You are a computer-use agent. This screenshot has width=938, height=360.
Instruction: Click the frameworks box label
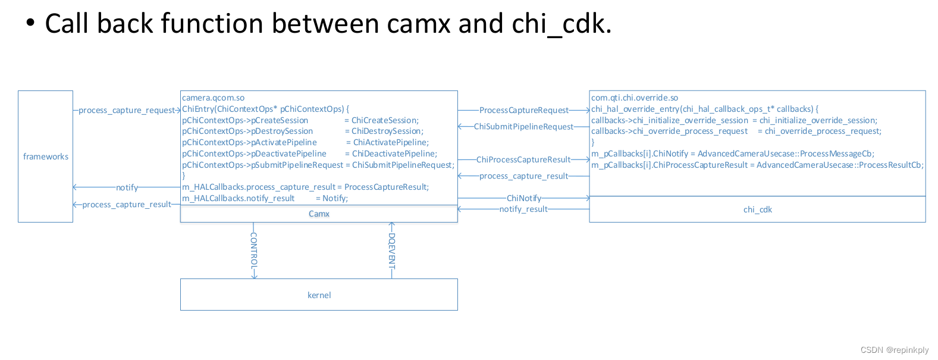46,156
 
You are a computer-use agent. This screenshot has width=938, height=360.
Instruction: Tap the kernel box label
319,295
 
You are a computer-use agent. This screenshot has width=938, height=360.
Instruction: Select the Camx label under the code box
319,214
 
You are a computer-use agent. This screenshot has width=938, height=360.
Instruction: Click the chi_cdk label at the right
757,209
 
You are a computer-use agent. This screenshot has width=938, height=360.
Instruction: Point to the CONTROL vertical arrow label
254,249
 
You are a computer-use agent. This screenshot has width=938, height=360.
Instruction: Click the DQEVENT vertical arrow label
391,249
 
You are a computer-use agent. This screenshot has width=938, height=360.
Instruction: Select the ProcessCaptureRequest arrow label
523,110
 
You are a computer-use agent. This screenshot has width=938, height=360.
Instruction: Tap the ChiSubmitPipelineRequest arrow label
523,127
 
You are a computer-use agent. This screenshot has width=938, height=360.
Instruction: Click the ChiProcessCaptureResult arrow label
523,159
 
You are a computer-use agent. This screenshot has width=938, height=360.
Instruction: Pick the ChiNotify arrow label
523,198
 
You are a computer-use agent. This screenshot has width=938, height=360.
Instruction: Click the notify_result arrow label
523,209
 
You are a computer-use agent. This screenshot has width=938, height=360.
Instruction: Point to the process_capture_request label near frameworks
127,110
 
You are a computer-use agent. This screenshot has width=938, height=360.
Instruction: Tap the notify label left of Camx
127,187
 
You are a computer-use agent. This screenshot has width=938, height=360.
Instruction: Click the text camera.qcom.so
213,98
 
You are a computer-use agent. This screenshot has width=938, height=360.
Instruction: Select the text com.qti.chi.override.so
634,98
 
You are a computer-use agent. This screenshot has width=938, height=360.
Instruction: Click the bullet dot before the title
30,23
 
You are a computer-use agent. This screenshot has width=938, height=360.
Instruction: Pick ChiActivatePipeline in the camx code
390,142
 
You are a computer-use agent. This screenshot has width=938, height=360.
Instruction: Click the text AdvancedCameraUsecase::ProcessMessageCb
785,154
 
